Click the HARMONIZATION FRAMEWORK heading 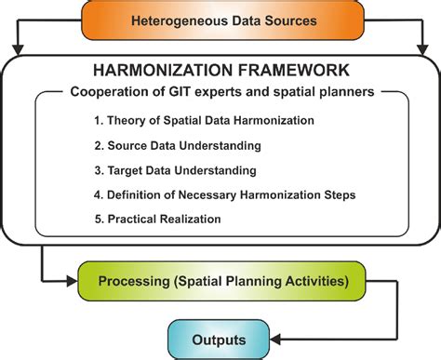coord(220,70)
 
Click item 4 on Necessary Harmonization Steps coord(224,194)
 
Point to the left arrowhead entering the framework coord(17,47)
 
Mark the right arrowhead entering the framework coord(424,47)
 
